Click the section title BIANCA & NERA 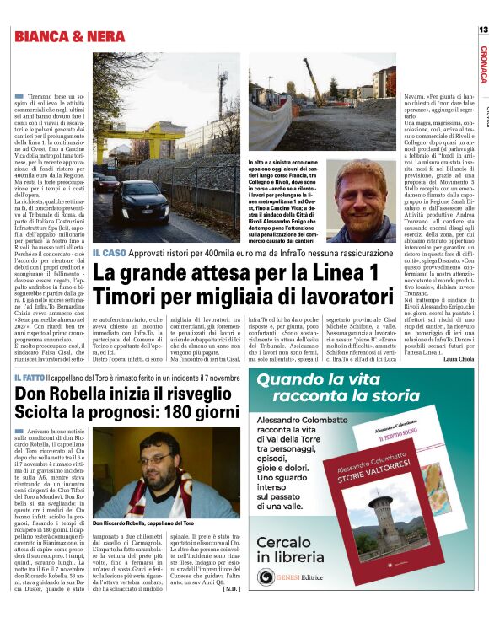click(72, 36)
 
